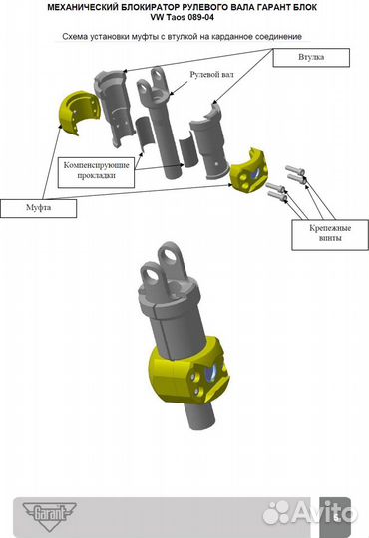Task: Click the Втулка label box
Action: coord(311,58)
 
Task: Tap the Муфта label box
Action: coord(38,208)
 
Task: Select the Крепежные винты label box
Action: coord(330,235)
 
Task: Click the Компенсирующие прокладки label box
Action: coord(96,172)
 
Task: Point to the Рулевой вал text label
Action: coord(211,74)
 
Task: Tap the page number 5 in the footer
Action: coord(336,518)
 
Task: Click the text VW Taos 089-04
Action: coord(182,18)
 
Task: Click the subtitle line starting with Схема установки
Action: coord(182,37)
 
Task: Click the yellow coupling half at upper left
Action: coord(79,113)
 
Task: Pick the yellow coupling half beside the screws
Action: coord(249,172)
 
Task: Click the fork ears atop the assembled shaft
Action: coord(164,267)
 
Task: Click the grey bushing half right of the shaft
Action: coord(208,141)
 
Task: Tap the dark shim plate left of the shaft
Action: coord(146,132)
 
